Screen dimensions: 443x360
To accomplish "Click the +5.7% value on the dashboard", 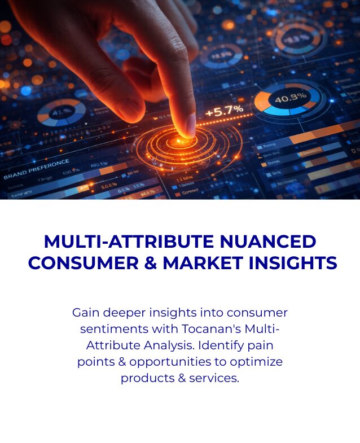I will coord(224,111).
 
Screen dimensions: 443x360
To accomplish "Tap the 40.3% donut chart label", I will coord(289,98).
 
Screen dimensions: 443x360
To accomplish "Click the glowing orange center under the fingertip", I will coord(181,139).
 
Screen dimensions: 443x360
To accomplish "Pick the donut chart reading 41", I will coord(61,112).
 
